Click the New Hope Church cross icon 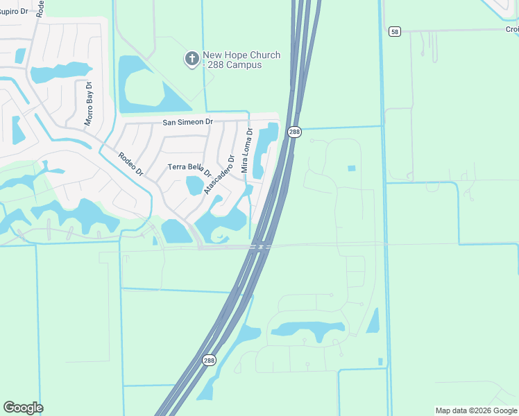pos(191,59)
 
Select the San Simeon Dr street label pos(187,122)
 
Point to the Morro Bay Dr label pos(89,104)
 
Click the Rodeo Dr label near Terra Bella pos(130,164)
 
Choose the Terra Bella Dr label pos(189,168)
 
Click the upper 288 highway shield pos(294,132)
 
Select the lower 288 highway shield pos(209,361)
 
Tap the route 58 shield pos(395,31)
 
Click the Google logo pos(23,408)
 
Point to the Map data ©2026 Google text pos(476,410)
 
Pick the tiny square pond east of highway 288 pos(351,168)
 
